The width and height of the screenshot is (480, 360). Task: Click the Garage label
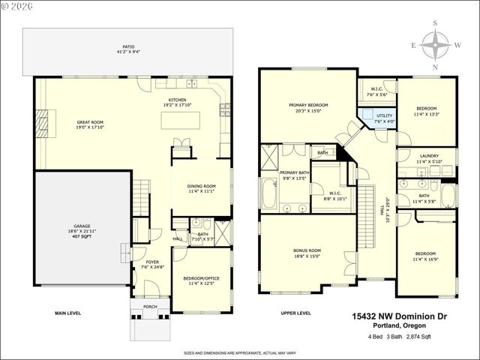pos(81,226)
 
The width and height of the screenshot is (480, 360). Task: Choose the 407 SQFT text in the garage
pos(81,238)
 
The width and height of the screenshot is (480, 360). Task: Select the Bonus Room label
pos(308,252)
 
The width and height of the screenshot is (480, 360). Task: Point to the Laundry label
pos(429,158)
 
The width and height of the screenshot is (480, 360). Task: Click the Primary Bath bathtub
pos(269,195)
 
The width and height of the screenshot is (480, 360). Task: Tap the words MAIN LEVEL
pos(68,313)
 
